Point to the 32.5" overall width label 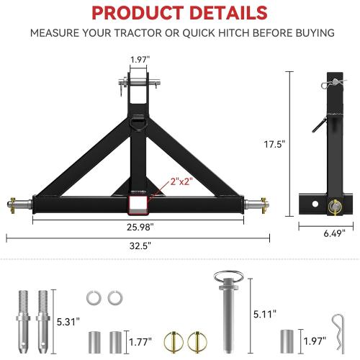(138, 244)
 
